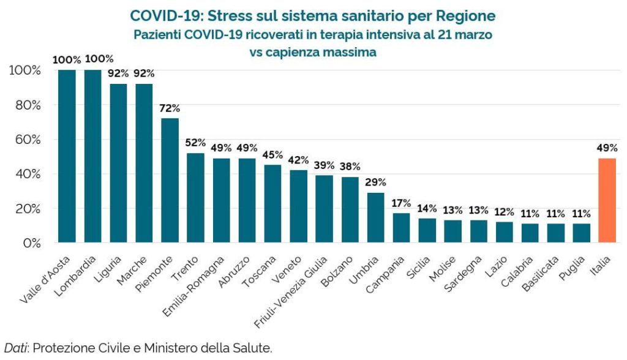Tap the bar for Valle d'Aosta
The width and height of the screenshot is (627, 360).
[67, 156]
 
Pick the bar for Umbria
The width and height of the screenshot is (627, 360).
[376, 218]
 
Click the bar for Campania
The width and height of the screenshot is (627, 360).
[402, 228]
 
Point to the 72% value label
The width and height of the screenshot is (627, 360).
[170, 108]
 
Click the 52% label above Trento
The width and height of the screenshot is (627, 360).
[195, 143]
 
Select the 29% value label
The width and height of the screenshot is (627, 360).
[376, 182]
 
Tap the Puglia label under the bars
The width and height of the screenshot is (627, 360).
[570, 266]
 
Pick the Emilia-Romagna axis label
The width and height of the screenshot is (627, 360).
[195, 282]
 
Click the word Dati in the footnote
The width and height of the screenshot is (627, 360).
[16, 348]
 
